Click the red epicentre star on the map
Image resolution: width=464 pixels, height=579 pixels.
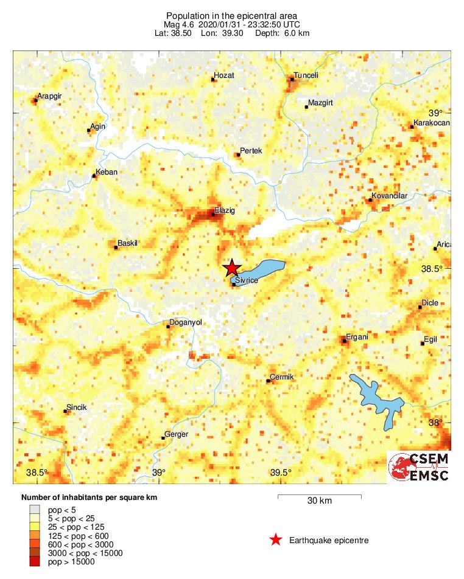[x=231, y=268]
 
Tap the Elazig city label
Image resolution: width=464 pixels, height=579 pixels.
[x=225, y=210]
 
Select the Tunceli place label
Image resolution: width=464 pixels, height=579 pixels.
[x=305, y=76]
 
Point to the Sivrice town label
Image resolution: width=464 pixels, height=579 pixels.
[x=247, y=279]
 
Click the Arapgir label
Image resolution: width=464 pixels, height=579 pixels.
[x=49, y=96]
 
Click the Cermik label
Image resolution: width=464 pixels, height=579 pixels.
[x=281, y=377]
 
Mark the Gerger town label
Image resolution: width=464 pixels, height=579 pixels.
[x=177, y=434]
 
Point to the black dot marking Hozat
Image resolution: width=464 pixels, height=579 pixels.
[x=213, y=80]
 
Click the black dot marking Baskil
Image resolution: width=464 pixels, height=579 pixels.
[x=116, y=247]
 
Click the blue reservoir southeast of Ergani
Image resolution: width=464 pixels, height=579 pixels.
[x=378, y=398]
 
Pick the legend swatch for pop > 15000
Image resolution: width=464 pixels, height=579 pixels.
[x=34, y=562]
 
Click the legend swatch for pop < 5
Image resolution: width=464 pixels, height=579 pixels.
[x=34, y=509]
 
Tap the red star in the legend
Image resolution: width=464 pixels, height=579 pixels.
[x=276, y=539]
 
